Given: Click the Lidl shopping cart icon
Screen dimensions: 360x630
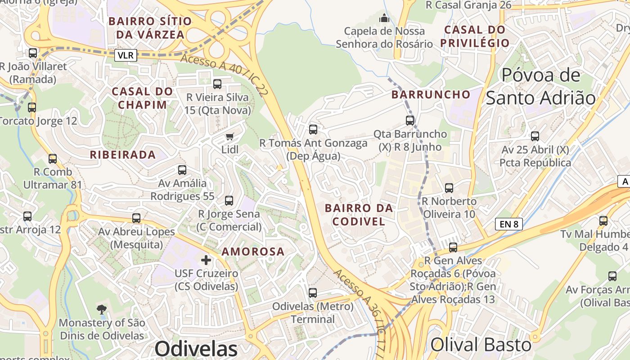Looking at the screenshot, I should [229, 136].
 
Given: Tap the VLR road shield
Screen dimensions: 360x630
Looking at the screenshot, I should [126, 55].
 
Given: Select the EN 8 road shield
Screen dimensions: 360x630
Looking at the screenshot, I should [508, 224].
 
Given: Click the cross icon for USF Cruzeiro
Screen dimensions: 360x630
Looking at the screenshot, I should [206, 260].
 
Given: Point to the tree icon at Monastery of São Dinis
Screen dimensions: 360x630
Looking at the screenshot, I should [102, 309].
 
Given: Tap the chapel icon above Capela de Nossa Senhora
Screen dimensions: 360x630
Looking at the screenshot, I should [384, 18].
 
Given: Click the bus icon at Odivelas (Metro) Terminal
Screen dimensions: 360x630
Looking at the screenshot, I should [313, 292].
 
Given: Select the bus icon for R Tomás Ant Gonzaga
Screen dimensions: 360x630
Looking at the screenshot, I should [313, 130].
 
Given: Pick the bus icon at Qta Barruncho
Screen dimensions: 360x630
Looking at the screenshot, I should [410, 120].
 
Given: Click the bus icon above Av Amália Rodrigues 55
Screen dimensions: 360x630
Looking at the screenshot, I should [182, 170].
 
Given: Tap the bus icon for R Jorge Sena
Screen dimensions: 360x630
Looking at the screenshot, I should [229, 200].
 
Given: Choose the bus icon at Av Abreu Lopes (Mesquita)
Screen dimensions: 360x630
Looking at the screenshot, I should [136, 218].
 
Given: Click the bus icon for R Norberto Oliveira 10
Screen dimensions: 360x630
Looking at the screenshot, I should [449, 188].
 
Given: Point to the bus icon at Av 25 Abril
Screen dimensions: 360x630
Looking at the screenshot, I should [535, 136].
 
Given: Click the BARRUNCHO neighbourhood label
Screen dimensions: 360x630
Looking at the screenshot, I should [431, 94].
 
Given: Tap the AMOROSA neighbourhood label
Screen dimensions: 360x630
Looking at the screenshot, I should [253, 252].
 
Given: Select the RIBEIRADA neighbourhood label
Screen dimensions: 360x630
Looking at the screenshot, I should [123, 155].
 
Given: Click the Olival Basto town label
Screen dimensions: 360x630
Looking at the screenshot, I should [481, 345].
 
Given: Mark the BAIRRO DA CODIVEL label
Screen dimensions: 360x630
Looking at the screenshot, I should [359, 215].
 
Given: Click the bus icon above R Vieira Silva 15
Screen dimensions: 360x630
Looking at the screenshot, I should [217, 84].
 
